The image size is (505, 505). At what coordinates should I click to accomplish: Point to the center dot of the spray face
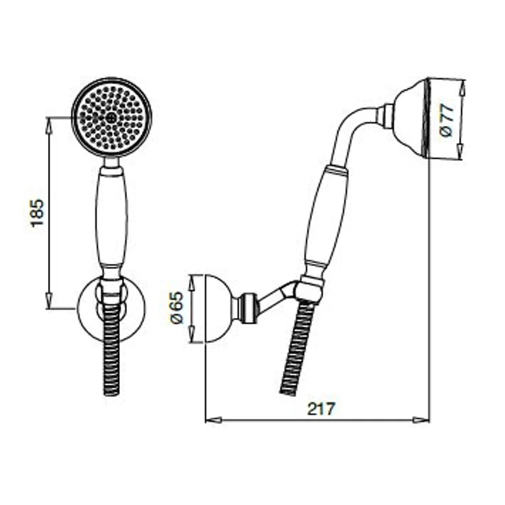click(x=112, y=117)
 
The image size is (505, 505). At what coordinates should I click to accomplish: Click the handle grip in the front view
click(x=112, y=218)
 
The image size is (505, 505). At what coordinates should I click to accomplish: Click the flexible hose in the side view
click(x=297, y=347)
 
